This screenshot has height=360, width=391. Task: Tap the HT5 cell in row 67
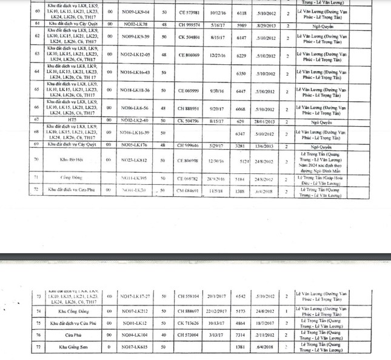click(72, 121)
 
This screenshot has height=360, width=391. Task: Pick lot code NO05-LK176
click(133, 145)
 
